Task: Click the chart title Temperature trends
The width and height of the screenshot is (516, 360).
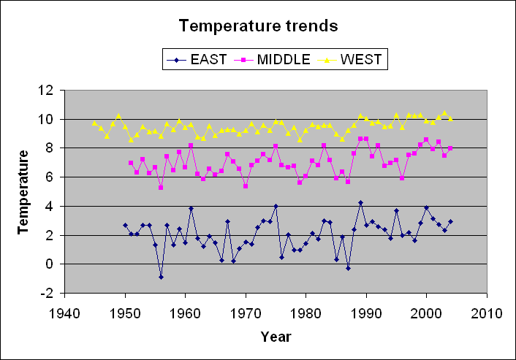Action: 259,26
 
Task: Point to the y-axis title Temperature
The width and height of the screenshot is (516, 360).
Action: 24,191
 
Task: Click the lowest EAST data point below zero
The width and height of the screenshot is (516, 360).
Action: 161,277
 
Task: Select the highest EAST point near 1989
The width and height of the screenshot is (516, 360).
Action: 360,202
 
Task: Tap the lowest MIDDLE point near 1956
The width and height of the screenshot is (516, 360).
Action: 161,188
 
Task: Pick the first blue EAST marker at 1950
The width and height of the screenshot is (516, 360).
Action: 125,226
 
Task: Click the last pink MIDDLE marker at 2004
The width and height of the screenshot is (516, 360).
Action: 450,148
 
